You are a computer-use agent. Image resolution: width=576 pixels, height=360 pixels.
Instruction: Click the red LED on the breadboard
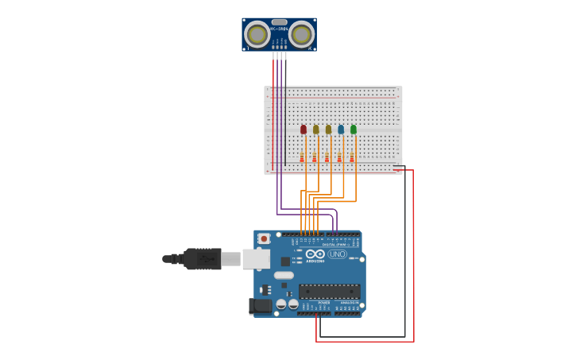coord(303,130)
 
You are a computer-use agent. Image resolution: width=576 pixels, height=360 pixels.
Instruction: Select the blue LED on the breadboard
coord(341,130)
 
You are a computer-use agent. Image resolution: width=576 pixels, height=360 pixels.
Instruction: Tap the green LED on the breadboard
coord(354,130)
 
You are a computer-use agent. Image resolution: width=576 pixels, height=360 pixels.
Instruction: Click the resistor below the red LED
coord(302,157)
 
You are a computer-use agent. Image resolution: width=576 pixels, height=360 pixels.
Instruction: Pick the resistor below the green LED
coord(352,157)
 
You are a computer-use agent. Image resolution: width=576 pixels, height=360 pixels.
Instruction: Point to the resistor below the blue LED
coord(339,157)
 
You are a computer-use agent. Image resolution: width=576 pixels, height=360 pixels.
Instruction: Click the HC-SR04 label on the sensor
coord(279,29)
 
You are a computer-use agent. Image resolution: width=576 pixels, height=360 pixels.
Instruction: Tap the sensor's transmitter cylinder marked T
coord(257,34)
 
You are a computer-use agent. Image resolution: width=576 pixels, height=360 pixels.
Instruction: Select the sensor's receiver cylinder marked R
coord(301,34)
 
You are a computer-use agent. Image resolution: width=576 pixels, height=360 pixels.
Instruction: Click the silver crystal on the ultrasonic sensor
coord(279,22)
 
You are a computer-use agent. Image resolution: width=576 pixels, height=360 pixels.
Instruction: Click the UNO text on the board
coord(337,254)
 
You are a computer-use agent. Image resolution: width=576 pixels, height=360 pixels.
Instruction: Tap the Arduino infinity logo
coord(315,254)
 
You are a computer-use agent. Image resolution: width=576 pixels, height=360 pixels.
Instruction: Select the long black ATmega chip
coord(329,291)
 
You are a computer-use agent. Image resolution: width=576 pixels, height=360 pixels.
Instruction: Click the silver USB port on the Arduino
coord(256,259)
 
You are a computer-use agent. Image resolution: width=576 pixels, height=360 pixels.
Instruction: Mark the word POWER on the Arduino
coord(324,302)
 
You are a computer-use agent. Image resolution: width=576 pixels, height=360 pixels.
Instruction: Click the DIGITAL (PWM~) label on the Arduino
coord(334,244)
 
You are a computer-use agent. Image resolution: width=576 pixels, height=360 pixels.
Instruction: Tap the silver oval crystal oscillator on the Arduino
coord(284,275)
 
